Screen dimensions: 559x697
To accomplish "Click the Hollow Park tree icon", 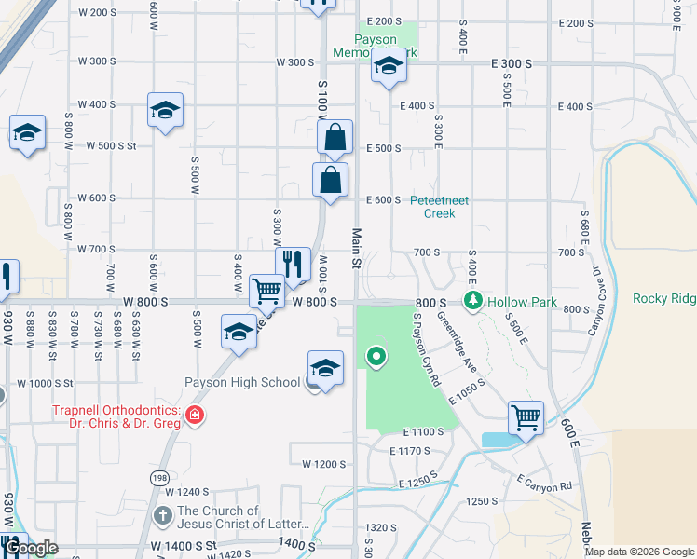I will (474, 301).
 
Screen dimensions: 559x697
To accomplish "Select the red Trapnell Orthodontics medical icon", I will (195, 415).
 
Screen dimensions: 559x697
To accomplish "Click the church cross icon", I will (162, 515).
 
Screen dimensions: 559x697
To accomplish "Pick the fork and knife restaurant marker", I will (293, 265).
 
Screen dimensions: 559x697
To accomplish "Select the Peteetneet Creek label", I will (440, 206).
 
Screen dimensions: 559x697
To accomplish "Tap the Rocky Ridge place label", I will (663, 298).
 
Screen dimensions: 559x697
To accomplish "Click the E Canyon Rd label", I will (545, 483).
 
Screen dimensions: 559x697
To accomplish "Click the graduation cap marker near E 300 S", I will (389, 66).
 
